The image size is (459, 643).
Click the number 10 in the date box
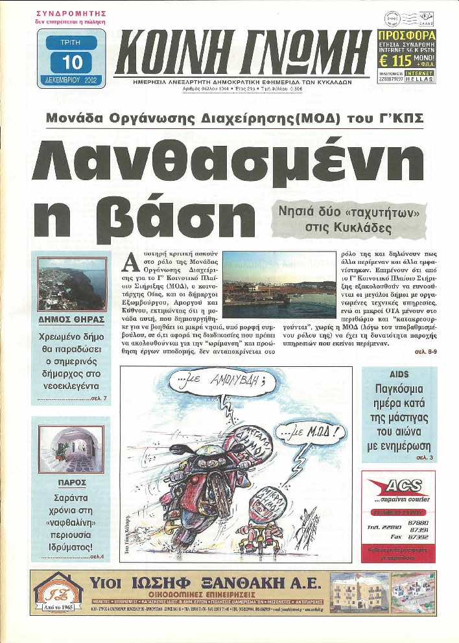pyautogui.click(x=71, y=62)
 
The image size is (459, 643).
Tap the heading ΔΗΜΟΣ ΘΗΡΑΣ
pyautogui.click(x=71, y=319)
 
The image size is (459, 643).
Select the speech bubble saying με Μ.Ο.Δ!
pyautogui.click(x=310, y=432)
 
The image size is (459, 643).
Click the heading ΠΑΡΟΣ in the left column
pyautogui.click(x=71, y=483)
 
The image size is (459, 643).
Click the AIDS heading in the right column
pyautogui.click(x=399, y=375)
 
